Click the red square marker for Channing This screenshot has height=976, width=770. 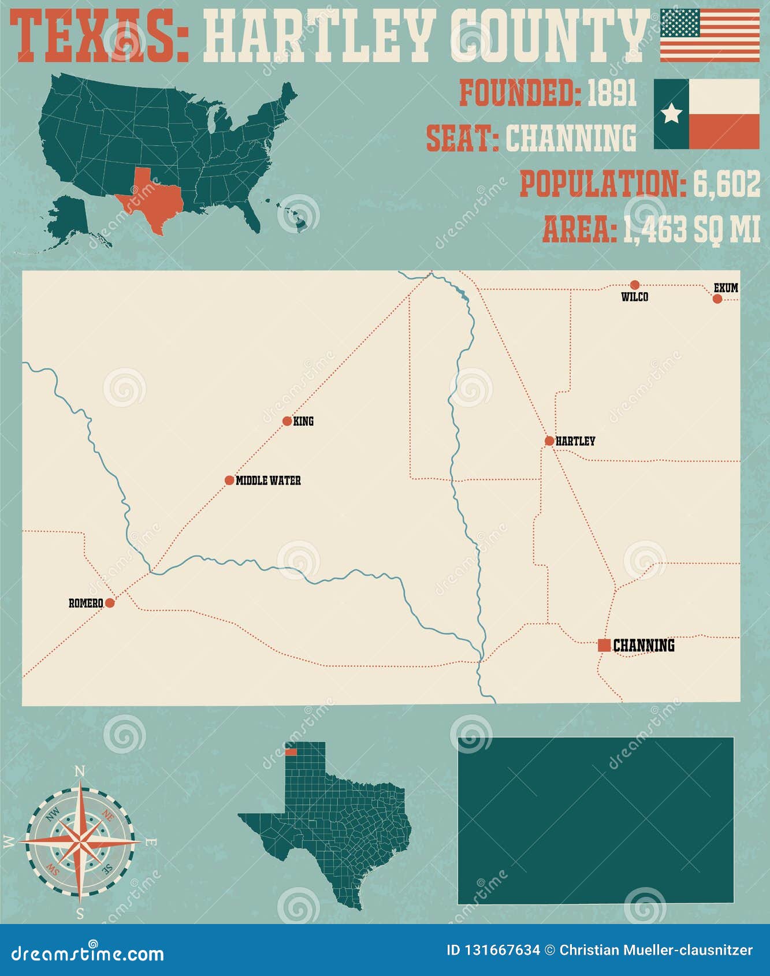pyautogui.click(x=604, y=645)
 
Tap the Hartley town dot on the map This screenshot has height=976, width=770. pyautogui.click(x=549, y=441)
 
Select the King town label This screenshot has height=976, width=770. pyautogui.click(x=303, y=422)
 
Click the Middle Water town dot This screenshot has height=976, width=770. pyautogui.click(x=229, y=480)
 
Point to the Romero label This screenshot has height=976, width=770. pyautogui.click(x=85, y=604)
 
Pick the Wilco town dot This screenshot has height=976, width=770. pyautogui.click(x=635, y=285)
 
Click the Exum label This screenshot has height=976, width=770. pyautogui.click(x=726, y=288)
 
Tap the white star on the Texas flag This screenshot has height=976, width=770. pyautogui.click(x=671, y=114)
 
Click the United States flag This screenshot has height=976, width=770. pyautogui.click(x=710, y=35)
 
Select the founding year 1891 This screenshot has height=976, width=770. pyautogui.click(x=612, y=93)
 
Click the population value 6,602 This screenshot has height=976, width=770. pyautogui.click(x=727, y=185)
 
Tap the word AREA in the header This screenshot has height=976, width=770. pyautogui.click(x=578, y=229)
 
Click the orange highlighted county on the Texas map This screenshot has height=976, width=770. pyautogui.click(x=291, y=752)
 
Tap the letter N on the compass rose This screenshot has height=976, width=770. pyautogui.click(x=80, y=772)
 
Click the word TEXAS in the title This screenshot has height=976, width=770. pyautogui.click(x=101, y=36)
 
